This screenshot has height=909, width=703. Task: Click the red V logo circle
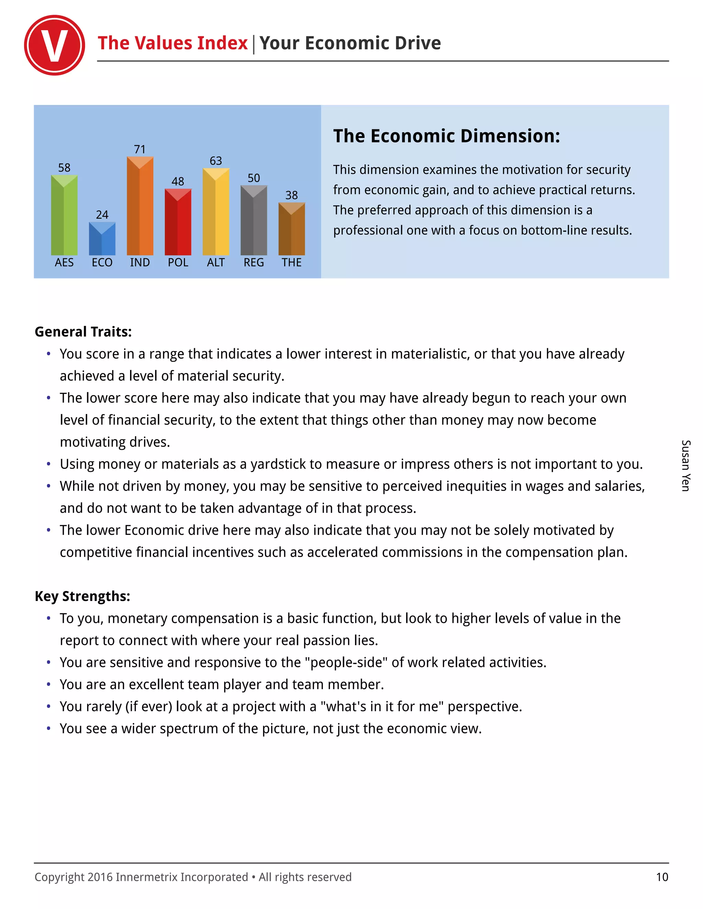pyautogui.click(x=55, y=45)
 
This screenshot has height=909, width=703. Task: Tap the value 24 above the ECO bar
pyautogui.click(x=102, y=215)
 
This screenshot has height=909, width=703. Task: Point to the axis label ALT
pyautogui.click(x=216, y=263)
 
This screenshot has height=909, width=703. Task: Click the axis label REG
pyautogui.click(x=254, y=263)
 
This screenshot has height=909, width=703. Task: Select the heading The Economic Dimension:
pyautogui.click(x=447, y=136)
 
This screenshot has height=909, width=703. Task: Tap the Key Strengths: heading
pyautogui.click(x=82, y=596)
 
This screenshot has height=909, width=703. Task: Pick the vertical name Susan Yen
pyautogui.click(x=685, y=465)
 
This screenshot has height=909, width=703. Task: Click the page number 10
pyautogui.click(x=662, y=877)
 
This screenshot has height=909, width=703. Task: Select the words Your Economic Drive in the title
pyautogui.click(x=350, y=43)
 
